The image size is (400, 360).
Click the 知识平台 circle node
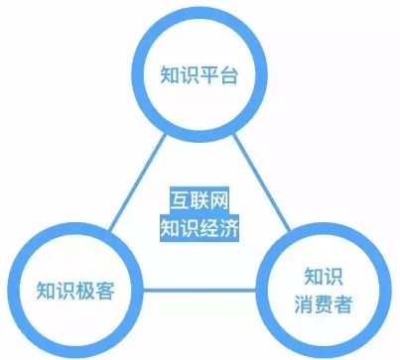[x=200, y=75]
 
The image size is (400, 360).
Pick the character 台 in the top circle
[x=230, y=75]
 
